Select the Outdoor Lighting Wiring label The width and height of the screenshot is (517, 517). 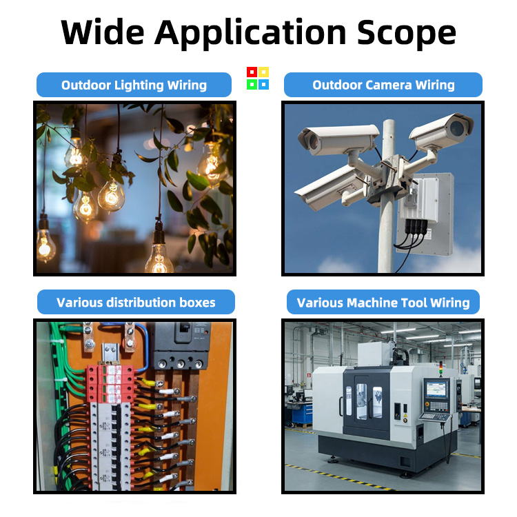134,85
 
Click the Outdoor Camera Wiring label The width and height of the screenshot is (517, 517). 383,85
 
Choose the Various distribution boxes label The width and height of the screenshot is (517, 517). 136,303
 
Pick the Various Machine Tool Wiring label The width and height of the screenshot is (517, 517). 383,303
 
